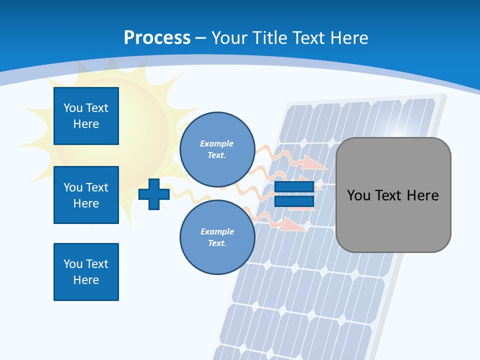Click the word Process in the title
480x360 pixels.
pos(157,38)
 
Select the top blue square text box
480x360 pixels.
pos(86,116)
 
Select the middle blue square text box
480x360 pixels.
pos(86,195)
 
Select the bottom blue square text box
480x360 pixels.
pos(86,272)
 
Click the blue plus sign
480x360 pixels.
pos(153,194)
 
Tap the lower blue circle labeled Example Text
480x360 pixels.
pos(217,237)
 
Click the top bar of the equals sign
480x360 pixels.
pos(294,187)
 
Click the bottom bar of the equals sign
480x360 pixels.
pos(294,201)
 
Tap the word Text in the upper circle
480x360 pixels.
pos(216,155)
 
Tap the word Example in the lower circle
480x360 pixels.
pos(217,231)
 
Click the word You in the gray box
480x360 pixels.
pos(358,195)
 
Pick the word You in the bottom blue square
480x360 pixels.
pos(73,264)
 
